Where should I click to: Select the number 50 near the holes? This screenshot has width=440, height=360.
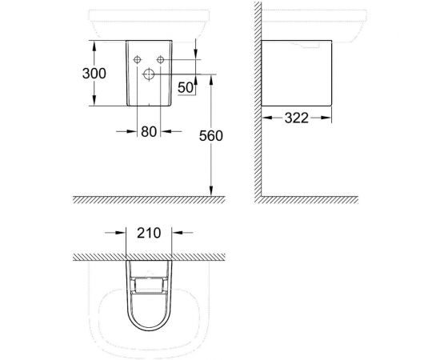click(x=185, y=86)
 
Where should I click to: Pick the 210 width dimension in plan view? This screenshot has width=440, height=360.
click(x=149, y=234)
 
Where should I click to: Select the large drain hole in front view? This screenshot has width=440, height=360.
click(x=148, y=74)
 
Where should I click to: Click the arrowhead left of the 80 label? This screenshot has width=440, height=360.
click(x=131, y=133)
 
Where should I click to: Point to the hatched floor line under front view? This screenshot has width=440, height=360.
click(x=144, y=200)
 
